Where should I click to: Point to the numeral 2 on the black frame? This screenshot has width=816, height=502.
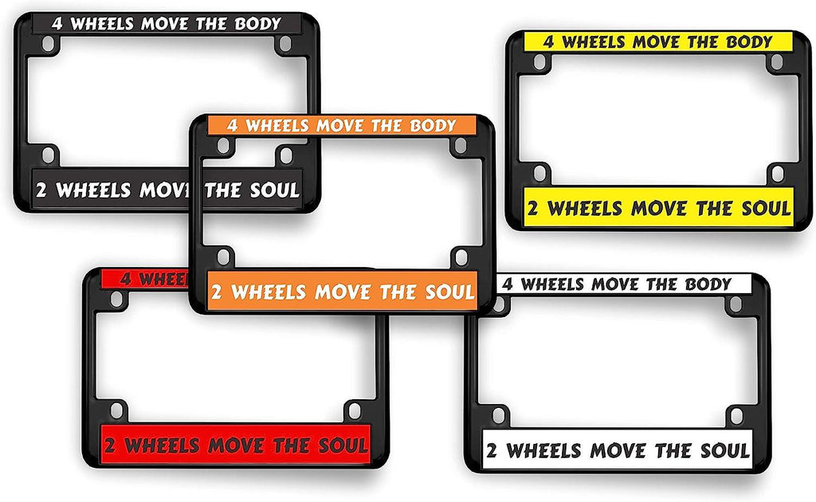pos(43,190)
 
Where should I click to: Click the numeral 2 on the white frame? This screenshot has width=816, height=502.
pos(492,451)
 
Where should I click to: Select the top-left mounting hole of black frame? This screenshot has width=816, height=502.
pos(49,46)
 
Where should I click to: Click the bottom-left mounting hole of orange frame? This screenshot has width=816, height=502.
pos(224,256)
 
